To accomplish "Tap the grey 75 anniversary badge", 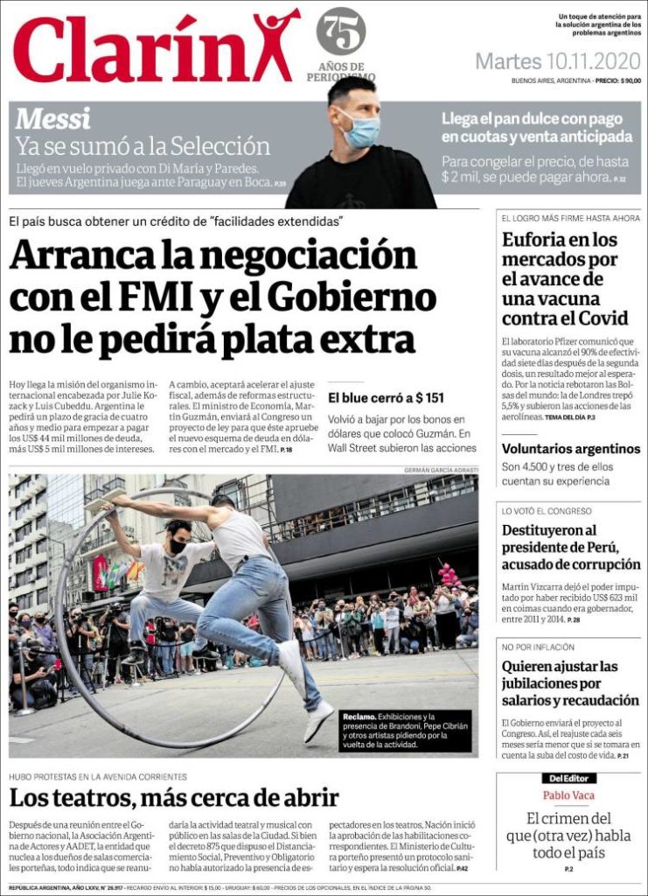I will tap(341, 31).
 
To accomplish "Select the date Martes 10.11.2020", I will tap(557, 62).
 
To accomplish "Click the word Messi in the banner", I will tap(52, 118).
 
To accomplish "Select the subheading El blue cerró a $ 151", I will tap(386, 397).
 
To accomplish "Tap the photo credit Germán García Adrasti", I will tap(441, 470).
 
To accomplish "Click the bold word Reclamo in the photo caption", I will tap(360, 717).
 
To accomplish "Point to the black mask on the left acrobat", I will tap(178, 546).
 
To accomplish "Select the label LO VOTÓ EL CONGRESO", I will tap(547, 510).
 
